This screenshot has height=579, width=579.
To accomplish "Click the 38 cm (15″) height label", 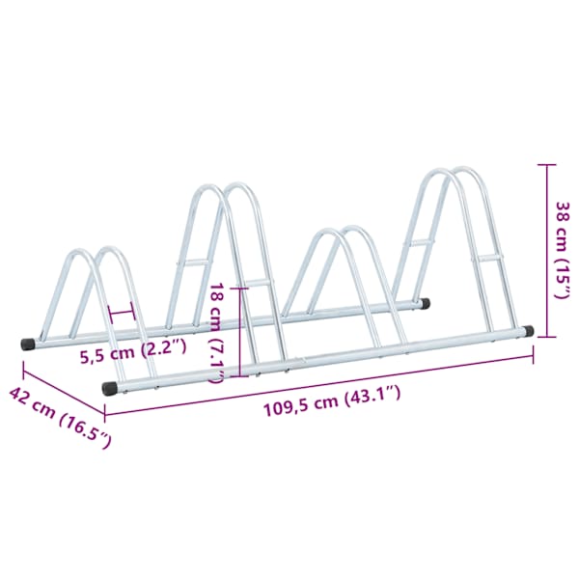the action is point(564,250).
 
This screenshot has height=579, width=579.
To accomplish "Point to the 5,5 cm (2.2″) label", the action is point(134,352).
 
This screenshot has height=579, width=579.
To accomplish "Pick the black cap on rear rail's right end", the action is point(426,304).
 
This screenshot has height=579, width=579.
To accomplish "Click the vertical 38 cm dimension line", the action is point(547,250).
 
